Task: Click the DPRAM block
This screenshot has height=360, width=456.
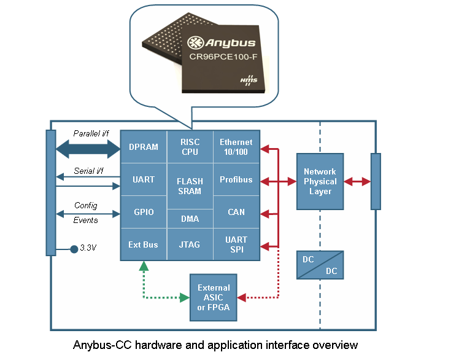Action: click(144, 147)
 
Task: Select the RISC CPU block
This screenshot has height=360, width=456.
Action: click(190, 147)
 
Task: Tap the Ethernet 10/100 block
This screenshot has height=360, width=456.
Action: click(236, 147)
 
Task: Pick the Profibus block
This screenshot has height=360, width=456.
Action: click(236, 180)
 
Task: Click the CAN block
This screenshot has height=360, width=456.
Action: click(236, 213)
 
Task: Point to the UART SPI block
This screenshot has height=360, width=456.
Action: click(236, 244)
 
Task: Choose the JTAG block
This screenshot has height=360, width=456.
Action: click(190, 245)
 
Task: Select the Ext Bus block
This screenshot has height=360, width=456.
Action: click(144, 245)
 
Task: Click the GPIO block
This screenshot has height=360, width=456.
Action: click(144, 213)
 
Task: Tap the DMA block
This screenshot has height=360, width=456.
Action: click(190, 219)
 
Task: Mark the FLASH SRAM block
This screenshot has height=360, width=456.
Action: click(190, 186)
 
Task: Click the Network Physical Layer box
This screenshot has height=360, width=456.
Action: click(320, 182)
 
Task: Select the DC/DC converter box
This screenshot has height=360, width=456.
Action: click(320, 265)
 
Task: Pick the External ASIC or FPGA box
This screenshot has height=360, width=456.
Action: click(214, 297)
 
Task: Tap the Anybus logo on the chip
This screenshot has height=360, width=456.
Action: click(222, 43)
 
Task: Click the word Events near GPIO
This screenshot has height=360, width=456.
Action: click(86, 221)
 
